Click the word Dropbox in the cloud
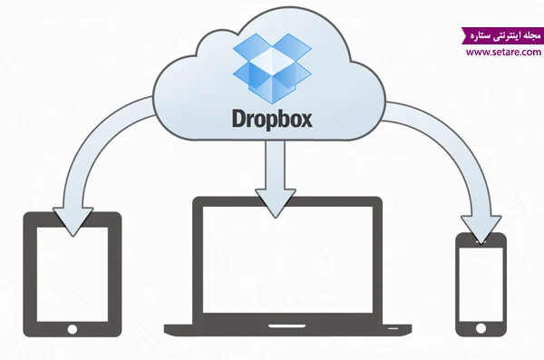coord(272,120)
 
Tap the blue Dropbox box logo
coord(272,68)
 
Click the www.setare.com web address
coord(503,52)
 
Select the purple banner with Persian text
coord(502,35)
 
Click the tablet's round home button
coord(73,329)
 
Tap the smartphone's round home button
coord(481,328)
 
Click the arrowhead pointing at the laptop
coord(275,203)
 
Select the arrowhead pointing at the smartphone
coord(481,229)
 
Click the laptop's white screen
coord(287,259)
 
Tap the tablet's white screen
coord(73,274)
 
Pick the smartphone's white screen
coord(481,285)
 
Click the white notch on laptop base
coord(287,326)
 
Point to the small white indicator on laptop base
coord(393,328)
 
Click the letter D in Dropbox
coord(239,119)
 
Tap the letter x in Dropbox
coord(306,121)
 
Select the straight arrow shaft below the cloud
coord(275,165)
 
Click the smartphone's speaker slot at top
coord(481,242)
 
